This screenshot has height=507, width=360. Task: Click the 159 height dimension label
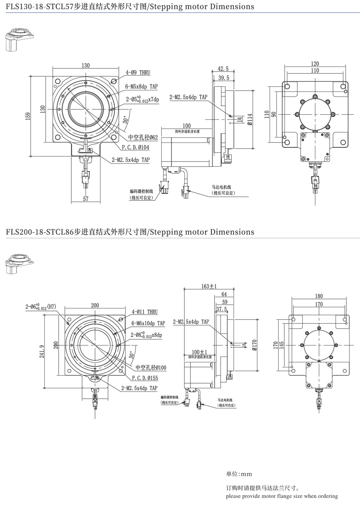pyautogui.click(x=28, y=116)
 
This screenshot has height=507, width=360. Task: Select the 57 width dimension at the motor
pyautogui.click(x=86, y=199)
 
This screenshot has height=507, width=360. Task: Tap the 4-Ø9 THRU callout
pyautogui.click(x=138, y=73)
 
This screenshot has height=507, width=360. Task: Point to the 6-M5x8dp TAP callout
pyautogui.click(x=141, y=86)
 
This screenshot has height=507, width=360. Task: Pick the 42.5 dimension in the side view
pyautogui.click(x=223, y=69)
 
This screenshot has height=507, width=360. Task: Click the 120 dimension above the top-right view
pyautogui.click(x=315, y=64)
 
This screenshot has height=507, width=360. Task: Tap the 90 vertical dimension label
pyautogui.click(x=274, y=114)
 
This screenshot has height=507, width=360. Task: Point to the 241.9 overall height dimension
pyautogui.click(x=42, y=351)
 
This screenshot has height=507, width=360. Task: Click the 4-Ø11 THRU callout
pyautogui.click(x=145, y=312)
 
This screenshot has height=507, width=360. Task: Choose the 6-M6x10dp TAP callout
pyautogui.click(x=148, y=323)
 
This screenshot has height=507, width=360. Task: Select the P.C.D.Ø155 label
pyautogui.click(x=145, y=378)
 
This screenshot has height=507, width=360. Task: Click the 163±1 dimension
pyautogui.click(x=209, y=286)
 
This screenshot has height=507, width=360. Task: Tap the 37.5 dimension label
pyautogui.click(x=222, y=309)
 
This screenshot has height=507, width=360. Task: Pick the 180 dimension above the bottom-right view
pyautogui.click(x=319, y=296)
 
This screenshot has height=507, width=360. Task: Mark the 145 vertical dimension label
pyautogui.click(x=282, y=346)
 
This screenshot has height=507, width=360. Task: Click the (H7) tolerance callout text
pyautogui.click(x=53, y=307)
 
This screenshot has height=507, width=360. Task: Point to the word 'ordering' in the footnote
pyautogui.click(x=326, y=496)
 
